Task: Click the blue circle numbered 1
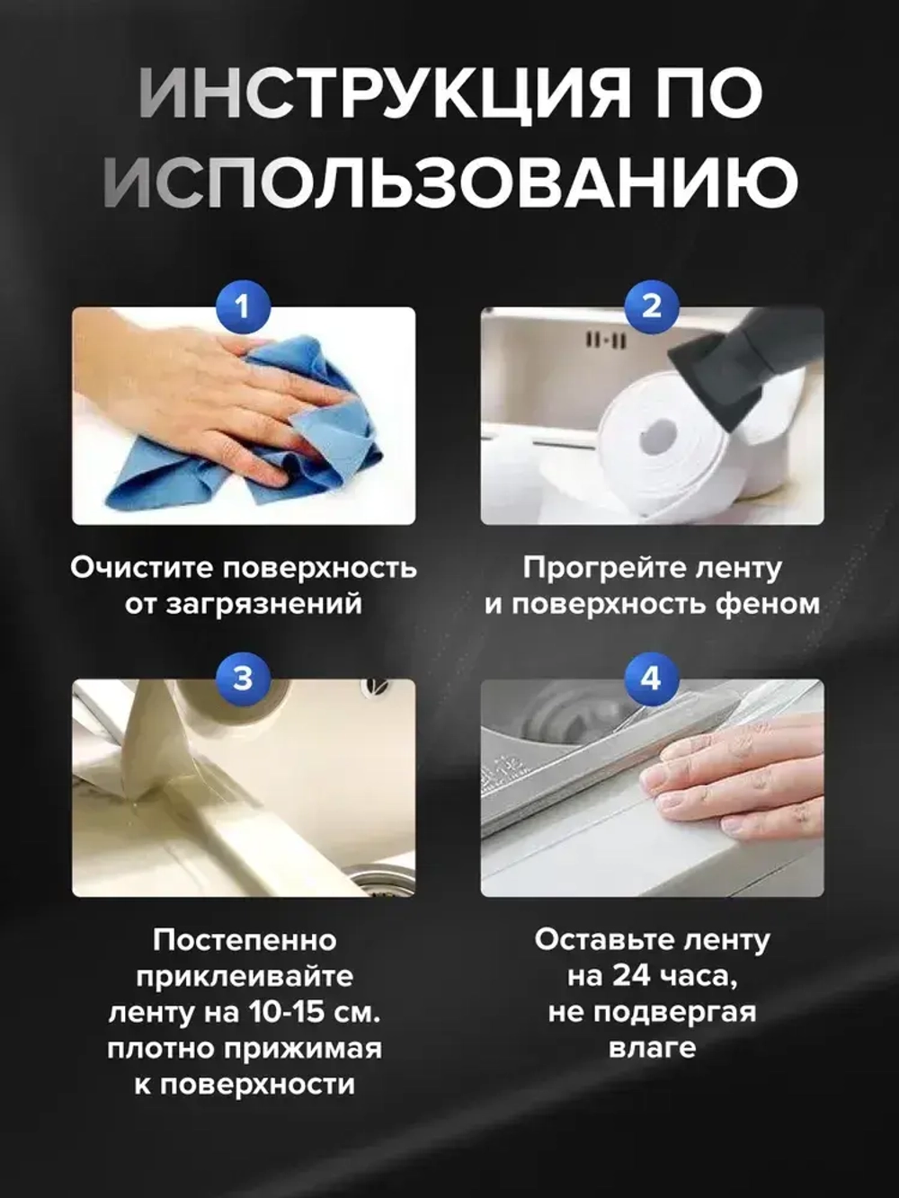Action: (x=242, y=306)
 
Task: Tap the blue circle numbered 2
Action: (x=651, y=306)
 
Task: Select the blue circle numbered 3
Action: (x=242, y=678)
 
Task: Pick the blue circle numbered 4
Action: (x=651, y=678)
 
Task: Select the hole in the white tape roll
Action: (x=658, y=438)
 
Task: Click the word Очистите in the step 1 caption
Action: (x=141, y=568)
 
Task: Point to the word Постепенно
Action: (x=245, y=940)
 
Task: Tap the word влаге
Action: (x=652, y=1048)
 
